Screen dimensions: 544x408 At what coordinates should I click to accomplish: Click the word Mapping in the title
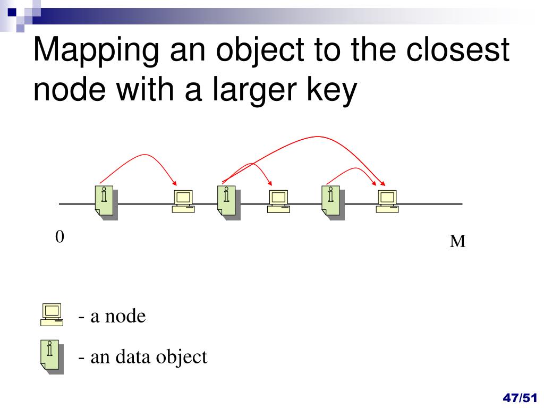click(x=96, y=51)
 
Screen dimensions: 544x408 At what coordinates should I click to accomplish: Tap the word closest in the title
click(x=457, y=49)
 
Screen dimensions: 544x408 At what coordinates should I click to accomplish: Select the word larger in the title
click(x=254, y=90)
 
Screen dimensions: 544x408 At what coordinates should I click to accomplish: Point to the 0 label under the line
click(x=59, y=237)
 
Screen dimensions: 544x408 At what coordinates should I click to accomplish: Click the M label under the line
click(x=457, y=241)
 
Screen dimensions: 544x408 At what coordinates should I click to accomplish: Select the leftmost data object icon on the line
click(x=106, y=202)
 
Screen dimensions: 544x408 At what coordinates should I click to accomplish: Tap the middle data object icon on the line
click(x=228, y=202)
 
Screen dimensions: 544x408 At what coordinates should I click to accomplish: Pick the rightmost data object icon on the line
click(x=333, y=202)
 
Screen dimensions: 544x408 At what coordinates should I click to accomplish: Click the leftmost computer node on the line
click(x=183, y=201)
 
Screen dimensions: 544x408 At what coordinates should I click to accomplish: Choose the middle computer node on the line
click(x=278, y=201)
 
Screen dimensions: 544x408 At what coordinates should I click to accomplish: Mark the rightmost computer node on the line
click(x=387, y=201)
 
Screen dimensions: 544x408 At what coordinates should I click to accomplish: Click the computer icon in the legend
click(x=52, y=314)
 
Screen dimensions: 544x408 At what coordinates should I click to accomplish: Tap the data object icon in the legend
click(x=52, y=356)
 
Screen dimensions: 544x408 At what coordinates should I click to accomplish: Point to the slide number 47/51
click(x=520, y=397)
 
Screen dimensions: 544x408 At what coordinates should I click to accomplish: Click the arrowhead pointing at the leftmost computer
click(x=175, y=183)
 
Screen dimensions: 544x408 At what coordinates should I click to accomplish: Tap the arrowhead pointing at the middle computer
click(x=270, y=183)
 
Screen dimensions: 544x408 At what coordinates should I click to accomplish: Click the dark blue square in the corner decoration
click(x=12, y=13)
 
